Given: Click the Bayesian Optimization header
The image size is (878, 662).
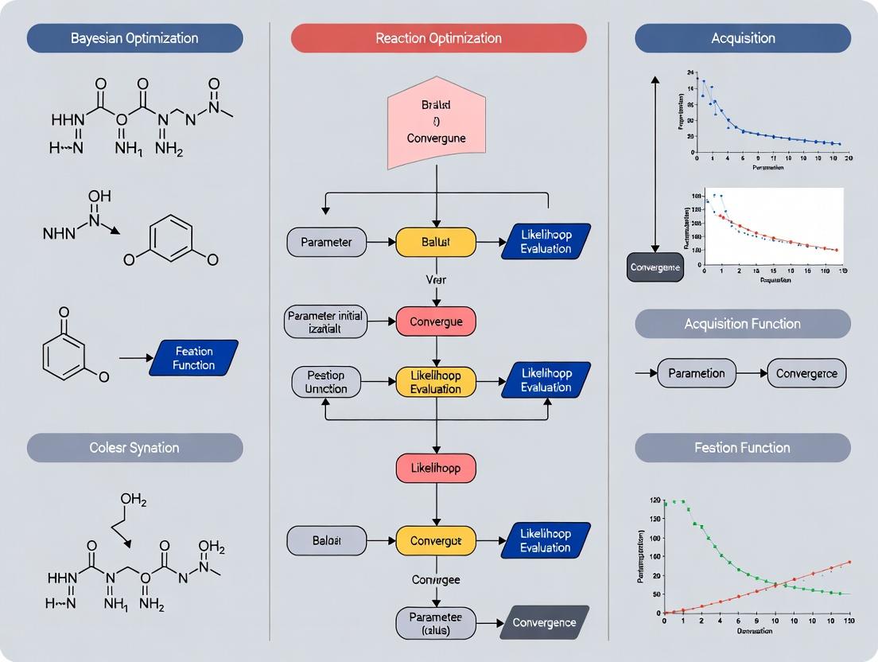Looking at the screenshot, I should coord(134,38).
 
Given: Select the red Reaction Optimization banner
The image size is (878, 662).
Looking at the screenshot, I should coord(438,38).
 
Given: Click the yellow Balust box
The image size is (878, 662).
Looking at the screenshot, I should coord(436,242).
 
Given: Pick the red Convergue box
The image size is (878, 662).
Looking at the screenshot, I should coord(436,321).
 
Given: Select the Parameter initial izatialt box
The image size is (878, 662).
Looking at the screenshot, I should coord(324,322).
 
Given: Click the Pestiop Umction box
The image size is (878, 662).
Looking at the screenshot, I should coord(326,382).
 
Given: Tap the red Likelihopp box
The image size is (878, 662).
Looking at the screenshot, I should coord(436,468).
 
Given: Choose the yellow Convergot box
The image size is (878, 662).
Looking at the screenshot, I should coord(436,541).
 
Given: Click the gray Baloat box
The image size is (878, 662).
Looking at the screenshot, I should coord(326,541).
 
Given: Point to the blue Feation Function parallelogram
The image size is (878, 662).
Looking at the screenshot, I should coord(194,358).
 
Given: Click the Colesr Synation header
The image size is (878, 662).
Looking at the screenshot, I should coord(134,448).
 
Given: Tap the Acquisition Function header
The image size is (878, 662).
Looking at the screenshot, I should coord(742,324).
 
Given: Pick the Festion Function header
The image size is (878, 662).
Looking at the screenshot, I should coord(742,448).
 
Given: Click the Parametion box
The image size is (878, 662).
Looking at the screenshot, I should coord(697,372).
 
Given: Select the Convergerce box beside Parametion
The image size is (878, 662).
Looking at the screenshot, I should coord(806,372).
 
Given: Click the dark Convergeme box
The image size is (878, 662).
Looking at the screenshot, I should coord(655,267).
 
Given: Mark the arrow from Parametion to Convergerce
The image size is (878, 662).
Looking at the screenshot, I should coord(752,372).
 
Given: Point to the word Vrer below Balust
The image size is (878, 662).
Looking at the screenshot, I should coord(436,280).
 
